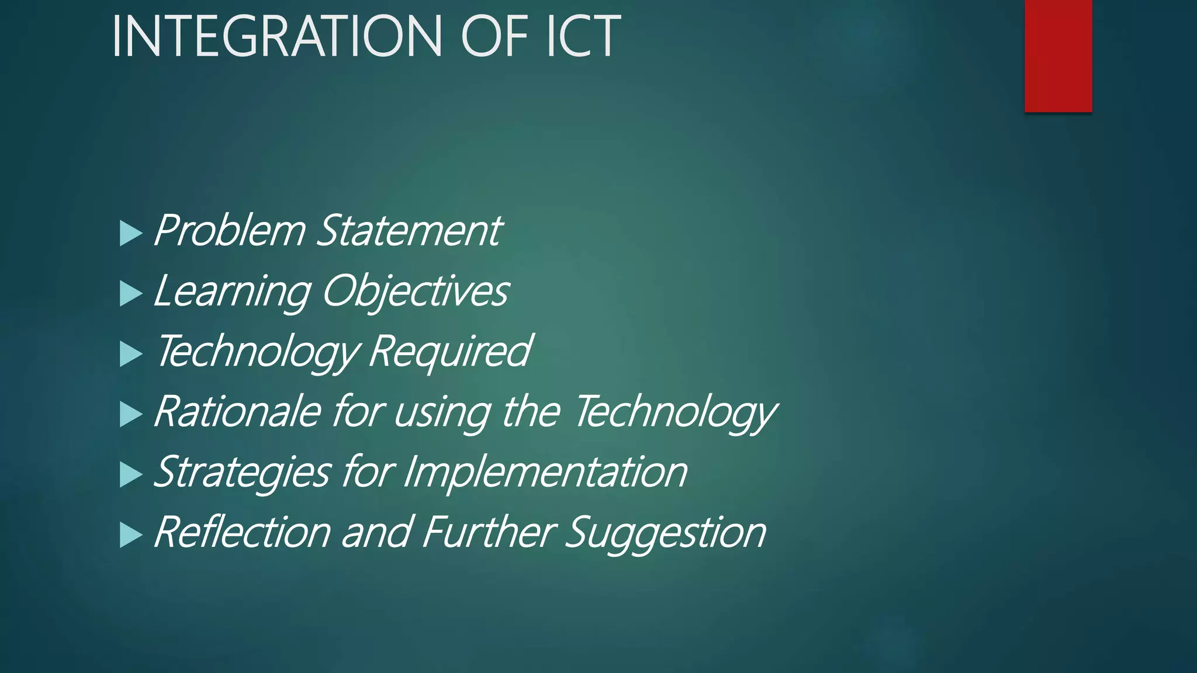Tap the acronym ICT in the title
click(x=583, y=36)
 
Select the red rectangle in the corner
click(x=1058, y=55)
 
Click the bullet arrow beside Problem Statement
click(x=130, y=233)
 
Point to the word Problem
click(x=229, y=231)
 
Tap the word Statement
click(x=409, y=231)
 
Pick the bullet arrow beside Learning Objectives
click(x=130, y=293)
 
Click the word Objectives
click(x=415, y=292)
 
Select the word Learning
click(x=231, y=292)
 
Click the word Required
click(x=449, y=352)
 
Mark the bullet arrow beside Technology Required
click(x=130, y=354)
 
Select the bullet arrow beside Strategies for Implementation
click(x=130, y=474)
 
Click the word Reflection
click(x=243, y=533)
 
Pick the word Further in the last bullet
click(x=488, y=533)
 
